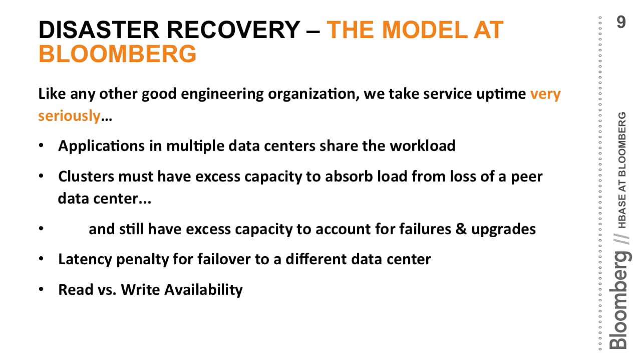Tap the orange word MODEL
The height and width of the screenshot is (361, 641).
coord(425,30)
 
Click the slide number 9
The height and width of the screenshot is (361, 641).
coord(621,22)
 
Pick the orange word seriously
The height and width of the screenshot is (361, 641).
coord(69,116)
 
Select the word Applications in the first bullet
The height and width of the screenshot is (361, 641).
coord(101,146)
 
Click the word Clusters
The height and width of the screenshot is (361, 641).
coord(86,176)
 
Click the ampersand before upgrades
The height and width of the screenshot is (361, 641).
coord(461,229)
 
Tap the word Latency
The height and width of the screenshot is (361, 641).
coord(85,260)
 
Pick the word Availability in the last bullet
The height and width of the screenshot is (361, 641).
coord(203,289)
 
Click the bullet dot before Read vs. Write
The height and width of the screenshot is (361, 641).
coord(41,289)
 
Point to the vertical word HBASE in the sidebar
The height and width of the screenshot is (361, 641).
coord(621,213)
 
